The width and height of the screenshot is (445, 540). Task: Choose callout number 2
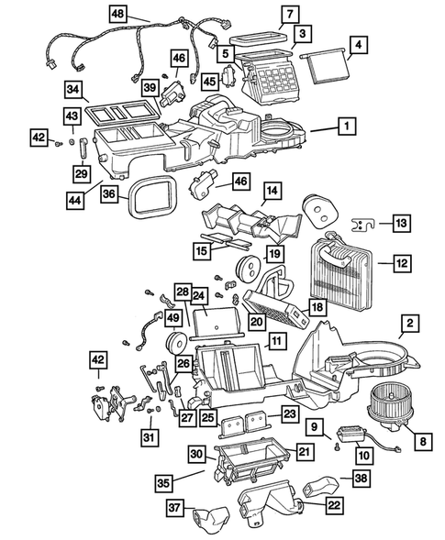(409, 323)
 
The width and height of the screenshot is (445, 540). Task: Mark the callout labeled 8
(423, 441)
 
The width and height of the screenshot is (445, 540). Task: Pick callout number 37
(172, 509)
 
